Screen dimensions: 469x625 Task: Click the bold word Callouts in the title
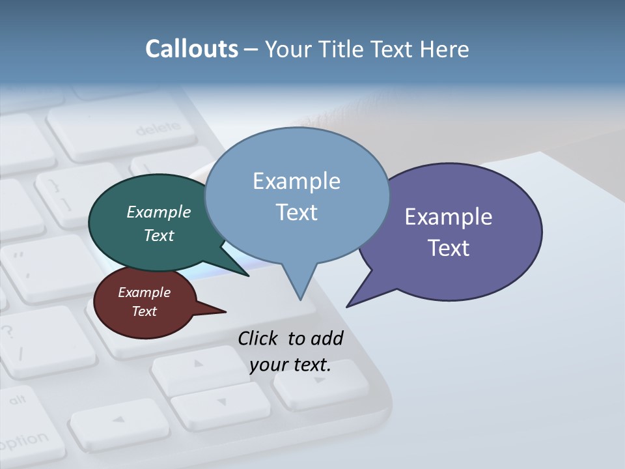pos(191,49)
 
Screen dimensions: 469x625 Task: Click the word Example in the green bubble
pos(159,212)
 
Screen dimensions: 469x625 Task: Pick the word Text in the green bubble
pos(159,235)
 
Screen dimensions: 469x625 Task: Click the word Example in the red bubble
pos(144,292)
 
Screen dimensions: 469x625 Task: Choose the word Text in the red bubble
pos(144,311)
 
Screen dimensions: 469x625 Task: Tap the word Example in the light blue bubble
pos(296,180)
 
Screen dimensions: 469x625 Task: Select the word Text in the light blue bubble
pos(296,212)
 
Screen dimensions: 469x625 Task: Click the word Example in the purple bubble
pos(449,216)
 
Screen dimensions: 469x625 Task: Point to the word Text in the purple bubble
pos(449,248)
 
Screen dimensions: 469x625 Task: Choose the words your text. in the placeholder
pos(290,365)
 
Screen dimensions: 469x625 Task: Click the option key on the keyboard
pos(23,440)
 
